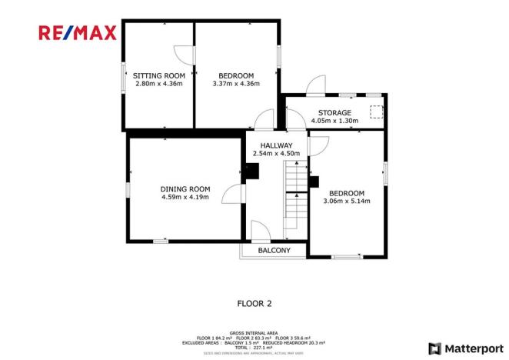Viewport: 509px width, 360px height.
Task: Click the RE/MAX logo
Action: [78, 32]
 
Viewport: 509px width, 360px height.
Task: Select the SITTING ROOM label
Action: [158, 75]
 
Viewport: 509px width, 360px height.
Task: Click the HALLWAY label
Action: [276, 145]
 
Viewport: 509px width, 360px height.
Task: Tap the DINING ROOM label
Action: [185, 188]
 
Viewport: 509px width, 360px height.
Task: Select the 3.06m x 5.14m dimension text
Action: [347, 202]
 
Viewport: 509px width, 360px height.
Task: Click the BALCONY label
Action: [274, 251]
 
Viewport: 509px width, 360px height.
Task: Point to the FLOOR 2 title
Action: [254, 303]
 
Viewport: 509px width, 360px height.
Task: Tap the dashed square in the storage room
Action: [376, 112]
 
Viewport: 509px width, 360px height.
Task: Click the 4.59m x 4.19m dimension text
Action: [185, 197]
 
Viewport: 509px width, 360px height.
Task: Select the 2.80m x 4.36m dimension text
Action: [158, 83]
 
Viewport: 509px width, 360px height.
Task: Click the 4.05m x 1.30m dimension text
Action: [334, 121]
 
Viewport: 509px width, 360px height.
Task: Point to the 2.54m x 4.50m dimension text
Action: [276, 153]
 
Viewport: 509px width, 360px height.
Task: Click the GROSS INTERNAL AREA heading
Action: [254, 332]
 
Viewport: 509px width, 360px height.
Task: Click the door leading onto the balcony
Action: [260, 231]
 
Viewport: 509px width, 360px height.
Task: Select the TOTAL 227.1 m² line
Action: [254, 347]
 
